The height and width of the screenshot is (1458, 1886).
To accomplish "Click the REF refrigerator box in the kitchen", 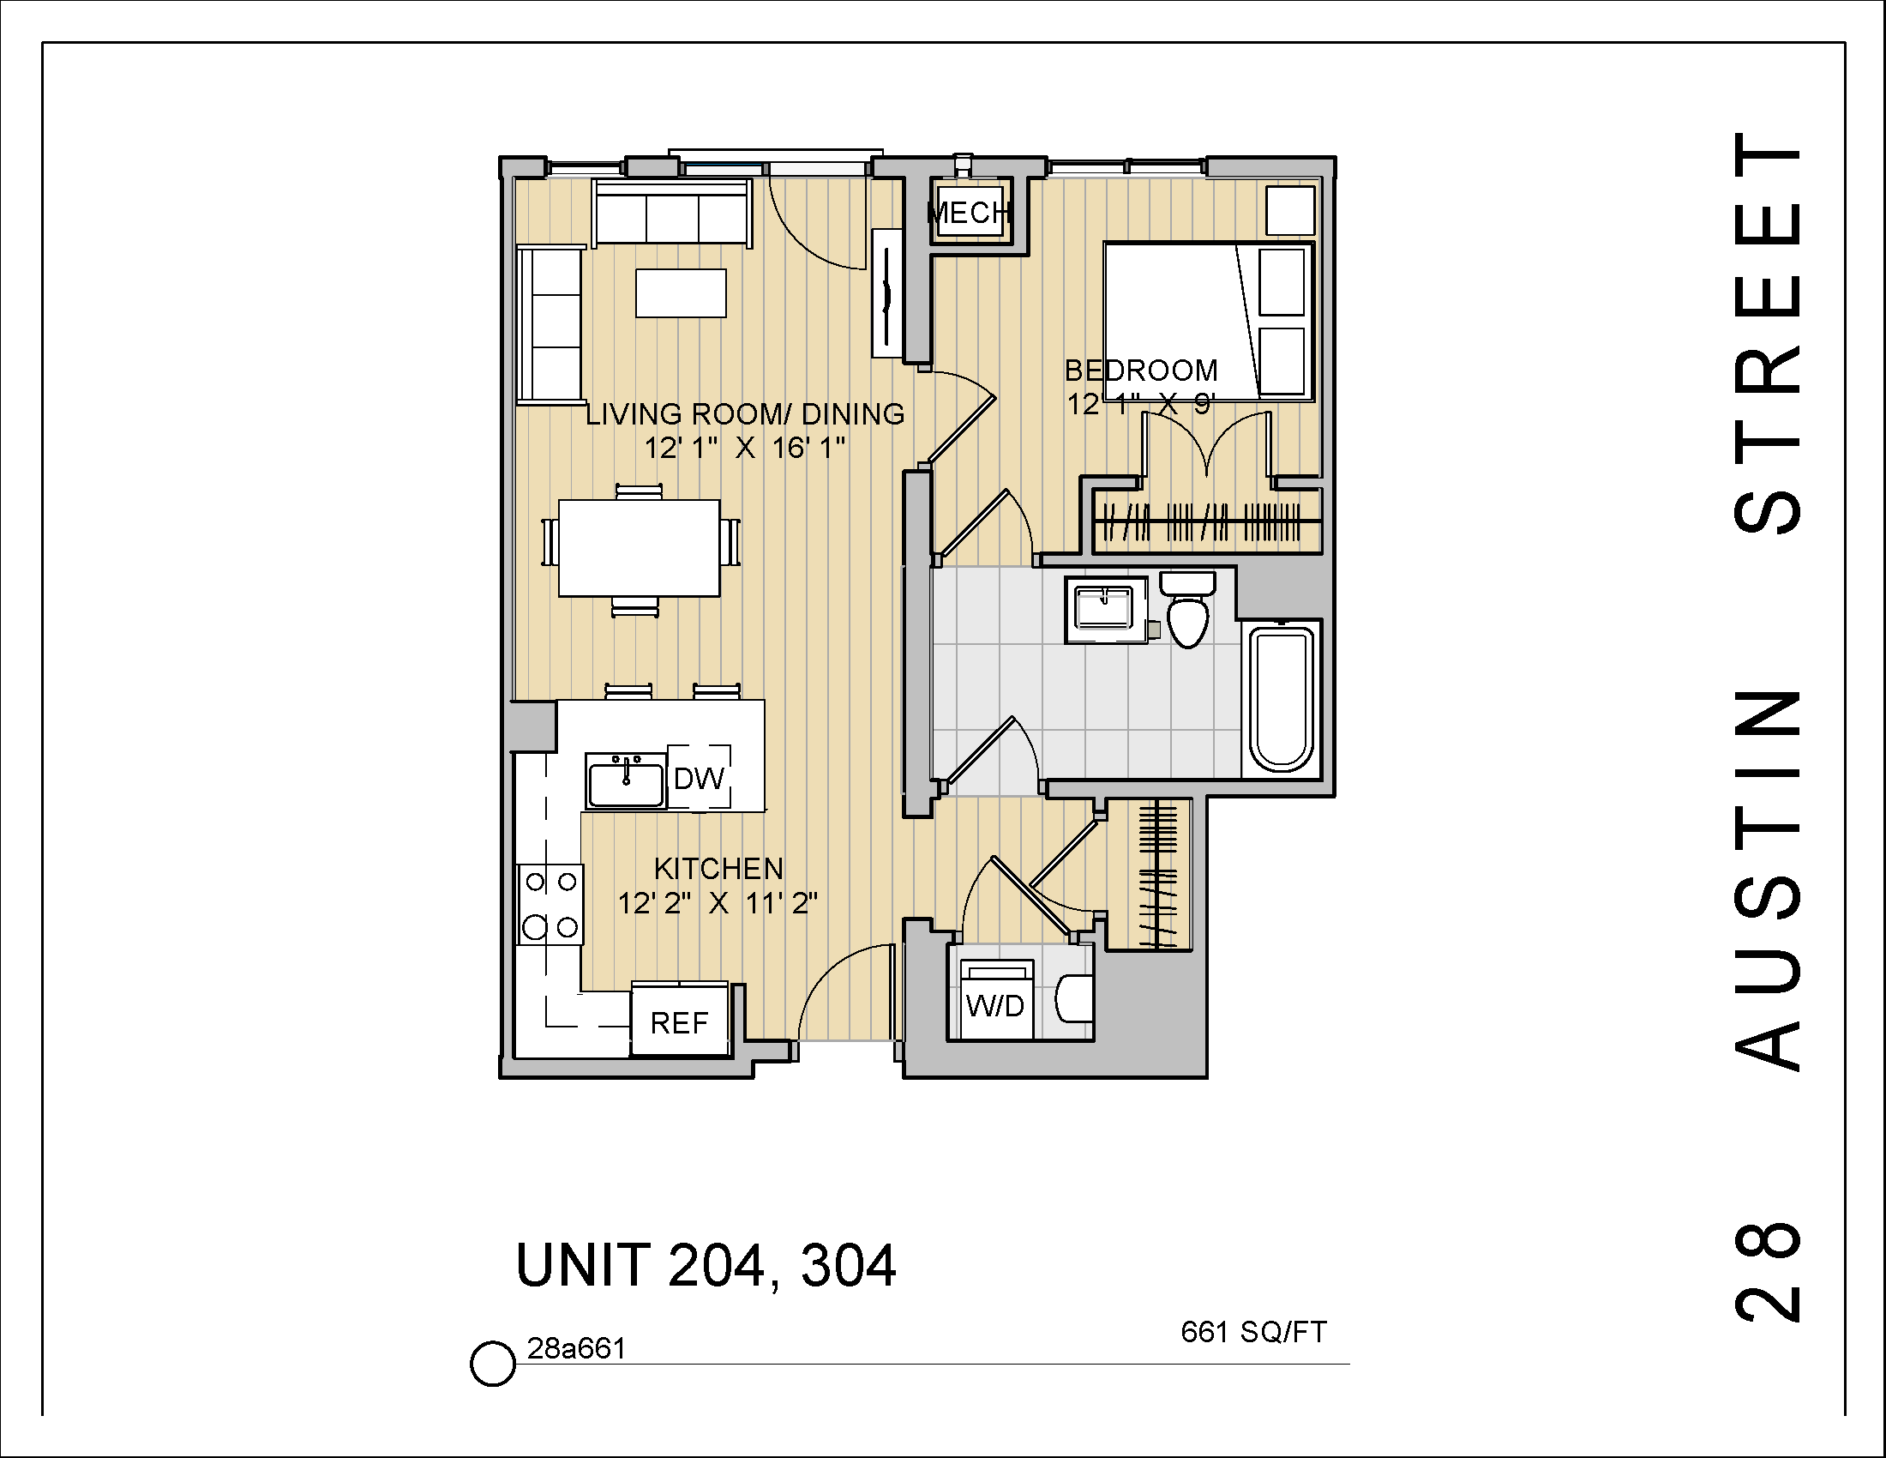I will [x=680, y=1021].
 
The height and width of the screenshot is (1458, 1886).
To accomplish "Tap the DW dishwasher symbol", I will [x=699, y=778].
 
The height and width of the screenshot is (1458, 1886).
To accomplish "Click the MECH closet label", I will [x=969, y=213].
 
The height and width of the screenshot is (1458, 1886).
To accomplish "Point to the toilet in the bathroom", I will [x=1187, y=612].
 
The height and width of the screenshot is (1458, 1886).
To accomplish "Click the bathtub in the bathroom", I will [x=1282, y=701].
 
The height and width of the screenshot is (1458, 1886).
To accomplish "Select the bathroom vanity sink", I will [x=1104, y=610].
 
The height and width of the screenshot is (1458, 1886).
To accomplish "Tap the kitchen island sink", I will [x=626, y=780].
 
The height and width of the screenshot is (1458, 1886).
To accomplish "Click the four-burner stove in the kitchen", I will [x=551, y=904].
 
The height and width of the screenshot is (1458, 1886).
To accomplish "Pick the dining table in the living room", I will [x=639, y=549].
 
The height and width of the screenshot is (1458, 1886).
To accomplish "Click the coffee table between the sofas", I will [x=681, y=293].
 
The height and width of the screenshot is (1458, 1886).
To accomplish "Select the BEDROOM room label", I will [x=1141, y=371].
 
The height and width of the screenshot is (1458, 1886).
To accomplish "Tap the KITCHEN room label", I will [x=718, y=868].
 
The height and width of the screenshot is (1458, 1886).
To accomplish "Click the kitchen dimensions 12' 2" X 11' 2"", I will [x=718, y=903].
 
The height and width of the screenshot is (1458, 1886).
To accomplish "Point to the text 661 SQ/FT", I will [x=1253, y=1333].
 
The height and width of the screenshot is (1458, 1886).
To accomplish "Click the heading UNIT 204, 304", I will [x=706, y=1266].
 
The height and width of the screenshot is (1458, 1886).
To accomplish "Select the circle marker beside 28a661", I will [x=492, y=1364].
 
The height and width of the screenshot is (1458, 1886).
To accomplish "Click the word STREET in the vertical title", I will [x=1768, y=333].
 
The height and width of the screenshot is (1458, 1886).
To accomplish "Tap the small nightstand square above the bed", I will [x=1290, y=211].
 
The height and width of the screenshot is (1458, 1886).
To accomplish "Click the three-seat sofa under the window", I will [x=672, y=213].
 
